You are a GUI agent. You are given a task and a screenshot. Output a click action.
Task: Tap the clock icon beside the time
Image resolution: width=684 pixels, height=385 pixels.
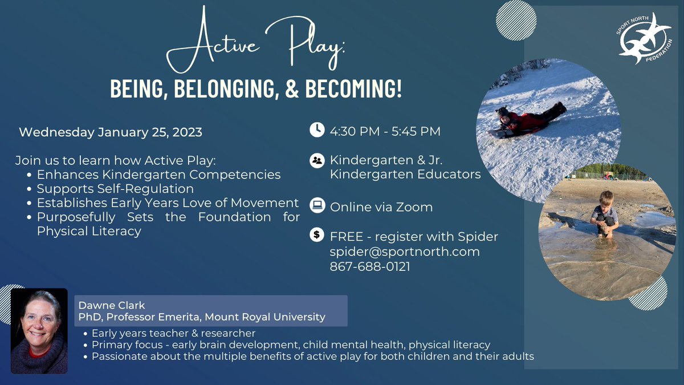click(x=316, y=131)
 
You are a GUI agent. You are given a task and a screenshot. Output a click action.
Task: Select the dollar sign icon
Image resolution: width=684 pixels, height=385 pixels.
click(x=316, y=234)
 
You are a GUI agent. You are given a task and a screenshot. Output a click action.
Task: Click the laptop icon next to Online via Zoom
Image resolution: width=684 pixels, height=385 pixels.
click(x=316, y=205)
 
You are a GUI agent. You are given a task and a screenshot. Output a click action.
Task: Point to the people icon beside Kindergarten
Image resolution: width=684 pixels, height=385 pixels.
click(x=316, y=160)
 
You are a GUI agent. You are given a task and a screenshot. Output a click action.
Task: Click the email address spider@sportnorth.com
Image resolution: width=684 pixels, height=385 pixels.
click(x=404, y=251)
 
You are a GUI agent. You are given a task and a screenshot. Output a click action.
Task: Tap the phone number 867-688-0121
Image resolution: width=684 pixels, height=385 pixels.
click(x=369, y=266)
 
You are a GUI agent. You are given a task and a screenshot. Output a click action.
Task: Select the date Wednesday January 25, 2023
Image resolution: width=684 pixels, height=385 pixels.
click(x=111, y=132)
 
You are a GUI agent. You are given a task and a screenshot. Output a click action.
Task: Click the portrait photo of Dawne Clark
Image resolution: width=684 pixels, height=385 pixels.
click(x=39, y=331)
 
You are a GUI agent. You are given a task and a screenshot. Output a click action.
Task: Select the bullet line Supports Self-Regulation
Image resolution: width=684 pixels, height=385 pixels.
click(x=115, y=188)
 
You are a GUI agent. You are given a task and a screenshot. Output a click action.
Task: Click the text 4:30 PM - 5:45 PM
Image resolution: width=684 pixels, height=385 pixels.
click(x=385, y=131)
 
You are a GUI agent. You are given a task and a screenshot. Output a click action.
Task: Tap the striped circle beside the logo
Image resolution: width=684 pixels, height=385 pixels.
click(x=516, y=21)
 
